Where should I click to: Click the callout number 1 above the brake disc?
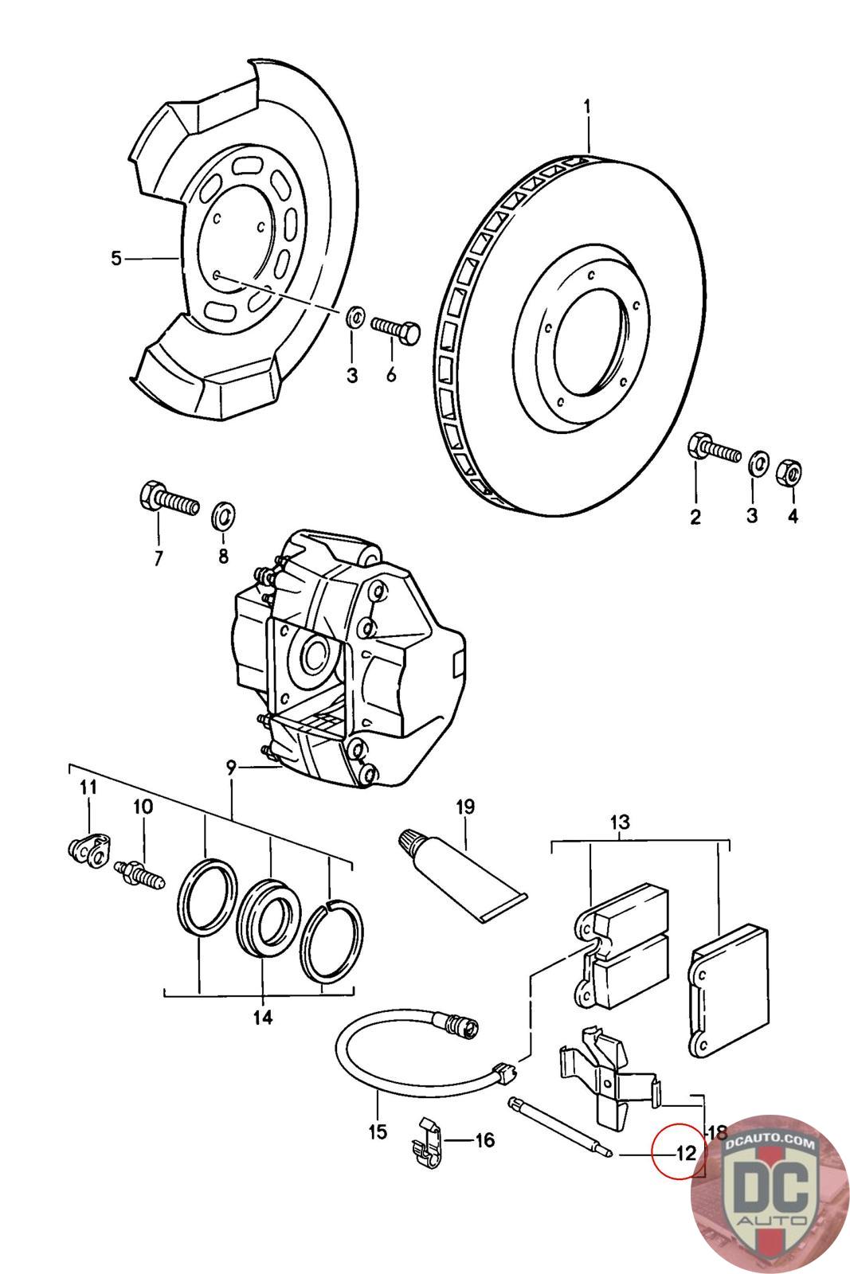[586, 107]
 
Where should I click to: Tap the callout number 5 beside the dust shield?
[116, 259]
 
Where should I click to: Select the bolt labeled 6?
[395, 328]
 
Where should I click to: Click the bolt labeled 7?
[169, 498]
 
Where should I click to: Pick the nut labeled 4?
[789, 472]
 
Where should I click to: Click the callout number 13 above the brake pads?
[620, 822]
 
